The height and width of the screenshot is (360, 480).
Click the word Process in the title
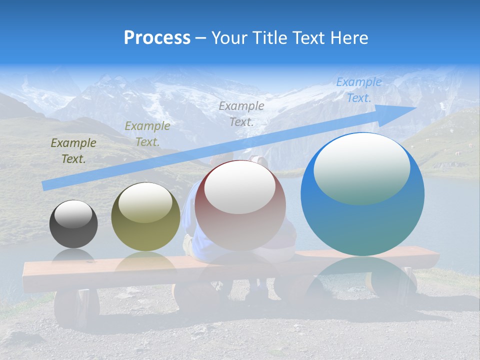pyautogui.click(x=157, y=38)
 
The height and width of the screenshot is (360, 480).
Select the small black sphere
pyautogui.click(x=73, y=224)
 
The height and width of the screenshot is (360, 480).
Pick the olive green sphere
pyautogui.click(x=145, y=217)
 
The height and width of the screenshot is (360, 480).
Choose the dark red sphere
pyautogui.click(x=240, y=206)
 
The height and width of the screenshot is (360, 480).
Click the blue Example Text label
pyautogui.click(x=358, y=90)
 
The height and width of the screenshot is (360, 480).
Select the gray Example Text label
pyautogui.click(x=241, y=113)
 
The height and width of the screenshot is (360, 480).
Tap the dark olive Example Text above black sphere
pyautogui.click(x=73, y=151)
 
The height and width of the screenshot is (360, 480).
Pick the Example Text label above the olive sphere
pyautogui.click(x=147, y=133)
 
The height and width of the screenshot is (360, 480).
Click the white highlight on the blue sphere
pyautogui.click(x=361, y=167)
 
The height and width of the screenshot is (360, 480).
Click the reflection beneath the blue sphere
pyautogui.click(x=362, y=280)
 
